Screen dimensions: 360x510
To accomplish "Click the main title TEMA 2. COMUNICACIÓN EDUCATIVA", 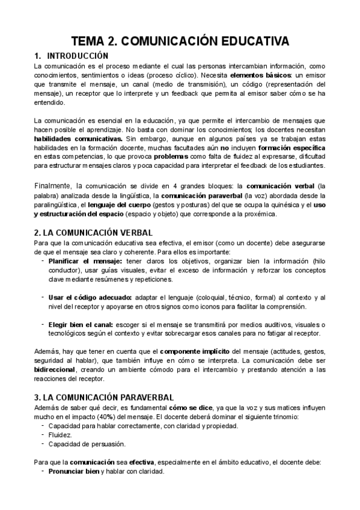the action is pos(180,41).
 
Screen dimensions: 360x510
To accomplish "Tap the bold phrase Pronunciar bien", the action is pos(74,472).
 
